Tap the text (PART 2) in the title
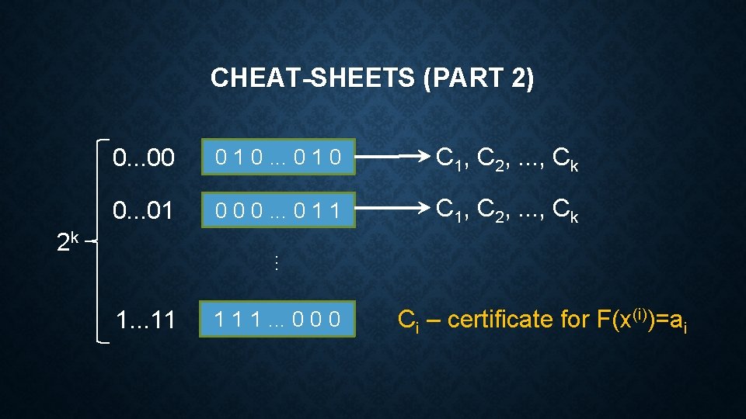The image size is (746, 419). coord(479,78)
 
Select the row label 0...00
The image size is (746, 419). coord(143,159)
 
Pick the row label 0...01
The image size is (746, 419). coord(143,210)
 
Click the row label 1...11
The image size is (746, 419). coord(145,319)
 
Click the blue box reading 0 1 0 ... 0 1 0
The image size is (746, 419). coord(277,159)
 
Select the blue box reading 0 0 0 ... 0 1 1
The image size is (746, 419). coord(277,210)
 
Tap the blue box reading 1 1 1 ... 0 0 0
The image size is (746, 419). coord(277,319)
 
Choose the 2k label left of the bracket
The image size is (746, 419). coord(68,243)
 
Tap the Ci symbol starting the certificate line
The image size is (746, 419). coord(407,320)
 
